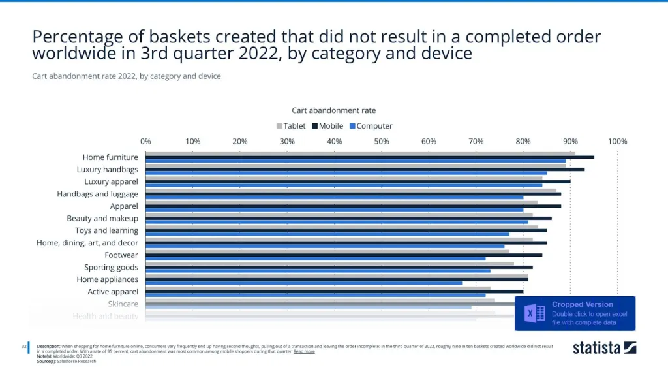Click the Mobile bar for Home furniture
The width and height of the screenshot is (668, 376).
(369, 157)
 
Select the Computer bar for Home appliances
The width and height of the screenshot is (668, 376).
(303, 283)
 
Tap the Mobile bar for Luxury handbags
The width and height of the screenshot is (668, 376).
(365, 169)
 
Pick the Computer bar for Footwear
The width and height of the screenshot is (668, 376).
(315, 258)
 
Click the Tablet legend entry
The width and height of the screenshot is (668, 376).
(291, 126)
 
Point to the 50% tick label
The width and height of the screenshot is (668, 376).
(382, 142)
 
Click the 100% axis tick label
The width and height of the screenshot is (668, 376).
(617, 142)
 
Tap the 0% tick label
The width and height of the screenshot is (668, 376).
(145, 142)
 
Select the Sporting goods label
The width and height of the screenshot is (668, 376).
(111, 267)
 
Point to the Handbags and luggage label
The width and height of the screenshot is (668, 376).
(97, 194)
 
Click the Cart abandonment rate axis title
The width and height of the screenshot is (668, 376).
(333, 110)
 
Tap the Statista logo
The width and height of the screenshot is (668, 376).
(604, 347)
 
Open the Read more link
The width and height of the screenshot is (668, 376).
(304, 351)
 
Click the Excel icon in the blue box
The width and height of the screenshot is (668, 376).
(535, 313)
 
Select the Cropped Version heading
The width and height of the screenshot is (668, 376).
(583, 304)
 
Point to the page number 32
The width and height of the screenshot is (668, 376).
(23, 346)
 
